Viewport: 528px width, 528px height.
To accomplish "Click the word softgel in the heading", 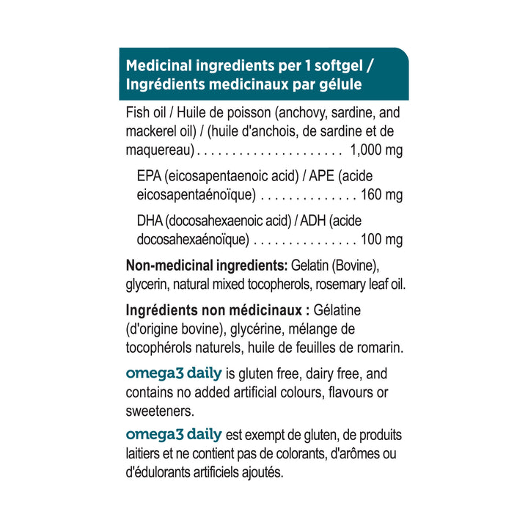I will point(334,65).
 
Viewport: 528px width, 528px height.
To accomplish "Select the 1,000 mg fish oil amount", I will point(377,152).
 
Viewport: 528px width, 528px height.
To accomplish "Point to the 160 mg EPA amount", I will point(381,196).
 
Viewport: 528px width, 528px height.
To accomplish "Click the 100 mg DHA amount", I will point(381,240).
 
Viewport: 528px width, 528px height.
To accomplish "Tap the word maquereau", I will point(159,152).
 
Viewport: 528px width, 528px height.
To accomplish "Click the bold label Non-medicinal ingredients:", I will point(207,265).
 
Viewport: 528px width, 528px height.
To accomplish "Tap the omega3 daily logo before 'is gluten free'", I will point(173,374).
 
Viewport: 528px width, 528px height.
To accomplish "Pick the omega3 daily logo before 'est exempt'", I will point(173,436).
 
